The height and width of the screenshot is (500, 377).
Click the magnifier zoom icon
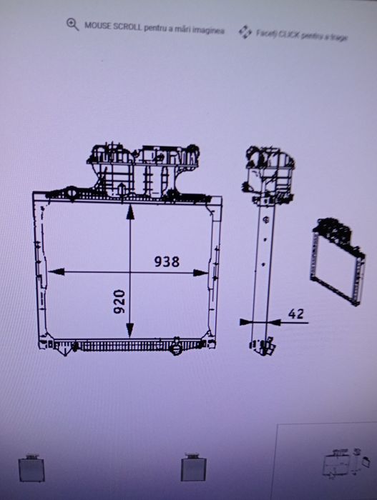(72, 24)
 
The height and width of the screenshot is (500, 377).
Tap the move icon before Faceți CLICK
(245, 31)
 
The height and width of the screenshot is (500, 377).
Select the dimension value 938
(167, 261)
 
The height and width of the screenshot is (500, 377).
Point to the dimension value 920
(119, 302)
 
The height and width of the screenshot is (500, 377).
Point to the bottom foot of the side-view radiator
(262, 346)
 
